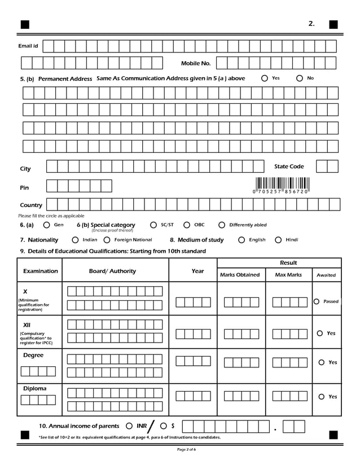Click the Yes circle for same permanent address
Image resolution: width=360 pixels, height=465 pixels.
[x=265, y=78]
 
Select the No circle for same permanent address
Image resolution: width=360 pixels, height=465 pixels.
[x=300, y=78]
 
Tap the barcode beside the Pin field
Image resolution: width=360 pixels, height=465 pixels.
[x=282, y=184]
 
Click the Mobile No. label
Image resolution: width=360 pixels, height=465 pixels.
[x=195, y=64]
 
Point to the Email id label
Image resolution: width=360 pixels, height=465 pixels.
[x=28, y=46]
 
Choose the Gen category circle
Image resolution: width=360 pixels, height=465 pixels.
[x=47, y=225]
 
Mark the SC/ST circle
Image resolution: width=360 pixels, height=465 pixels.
[x=153, y=225]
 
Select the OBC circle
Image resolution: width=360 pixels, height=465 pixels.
[x=187, y=225]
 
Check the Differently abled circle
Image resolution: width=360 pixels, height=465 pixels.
[x=222, y=225]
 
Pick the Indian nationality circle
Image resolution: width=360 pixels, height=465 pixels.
[x=75, y=240]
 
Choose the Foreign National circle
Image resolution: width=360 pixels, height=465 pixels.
[x=107, y=240]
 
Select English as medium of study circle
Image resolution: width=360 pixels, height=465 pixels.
[x=242, y=240]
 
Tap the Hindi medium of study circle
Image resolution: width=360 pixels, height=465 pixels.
[x=278, y=240]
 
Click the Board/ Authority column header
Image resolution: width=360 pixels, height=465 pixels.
[x=112, y=271]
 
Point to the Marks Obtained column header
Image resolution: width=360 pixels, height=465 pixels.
[x=240, y=275]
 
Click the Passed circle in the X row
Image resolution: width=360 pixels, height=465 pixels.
[x=317, y=301]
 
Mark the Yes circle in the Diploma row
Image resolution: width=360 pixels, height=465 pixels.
[x=321, y=397]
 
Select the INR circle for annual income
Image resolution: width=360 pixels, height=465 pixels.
[x=129, y=426]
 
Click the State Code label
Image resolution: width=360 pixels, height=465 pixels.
[x=289, y=166]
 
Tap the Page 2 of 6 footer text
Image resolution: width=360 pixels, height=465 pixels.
[x=187, y=449]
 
